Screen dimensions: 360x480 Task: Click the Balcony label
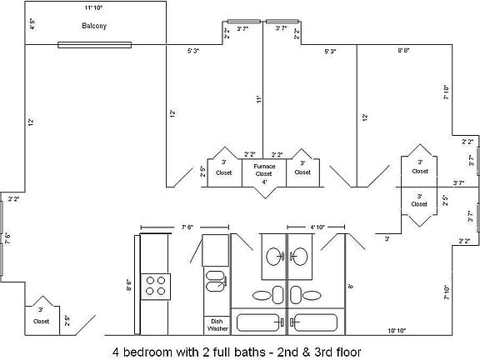coord(94,26)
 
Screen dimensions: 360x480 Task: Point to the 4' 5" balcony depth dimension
coord(32,25)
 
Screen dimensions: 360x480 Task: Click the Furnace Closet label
coord(264,169)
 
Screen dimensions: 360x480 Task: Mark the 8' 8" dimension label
coord(403,52)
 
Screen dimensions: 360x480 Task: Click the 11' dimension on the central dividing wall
coord(259,99)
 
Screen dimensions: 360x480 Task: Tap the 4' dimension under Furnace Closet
coord(264,181)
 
